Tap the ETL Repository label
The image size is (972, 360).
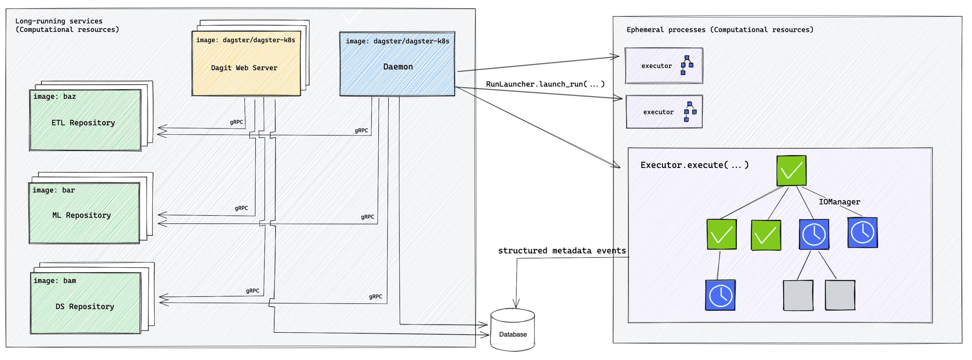[83, 123]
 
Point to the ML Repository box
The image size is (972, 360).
[84, 213]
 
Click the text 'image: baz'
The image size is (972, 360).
[54, 97]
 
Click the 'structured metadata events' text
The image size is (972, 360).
[562, 251]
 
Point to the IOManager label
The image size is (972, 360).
[839, 202]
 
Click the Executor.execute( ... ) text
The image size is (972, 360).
[694, 165]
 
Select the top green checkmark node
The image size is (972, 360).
[791, 171]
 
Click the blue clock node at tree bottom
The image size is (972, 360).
[720, 295]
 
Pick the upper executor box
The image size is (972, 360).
[663, 66]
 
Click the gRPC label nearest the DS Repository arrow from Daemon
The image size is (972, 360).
[375, 297]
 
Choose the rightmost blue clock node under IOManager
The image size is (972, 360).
[862, 232]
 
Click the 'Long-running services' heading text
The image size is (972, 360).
[59, 21]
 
